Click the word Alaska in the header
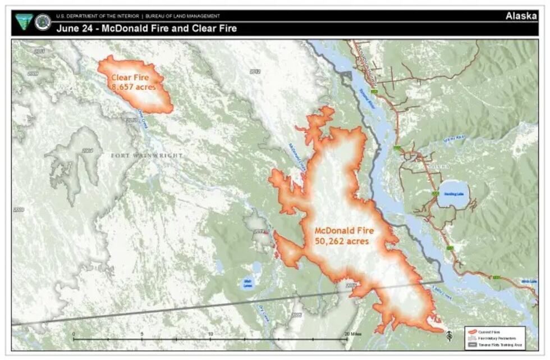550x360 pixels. (x=520, y=16)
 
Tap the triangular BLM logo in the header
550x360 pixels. (x=24, y=21)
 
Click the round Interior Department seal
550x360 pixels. (x=43, y=22)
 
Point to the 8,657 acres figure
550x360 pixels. (x=134, y=88)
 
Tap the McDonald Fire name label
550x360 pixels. (x=343, y=231)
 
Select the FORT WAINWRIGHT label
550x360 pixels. (x=147, y=155)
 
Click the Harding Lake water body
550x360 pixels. (x=453, y=194)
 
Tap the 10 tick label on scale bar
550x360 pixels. (x=210, y=334)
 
